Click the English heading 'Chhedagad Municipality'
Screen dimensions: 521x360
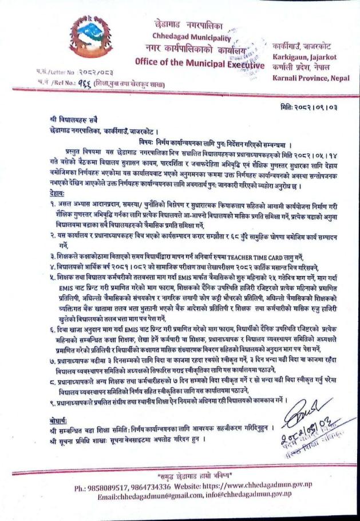[x=189, y=37]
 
